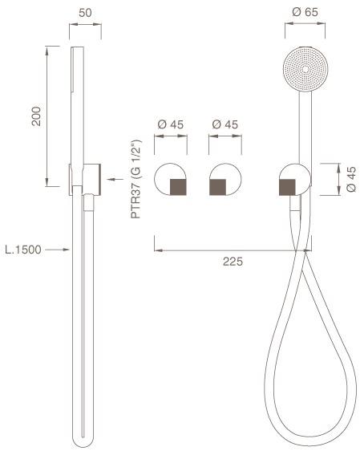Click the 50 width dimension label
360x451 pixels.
(85, 12)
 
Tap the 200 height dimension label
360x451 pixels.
(37, 116)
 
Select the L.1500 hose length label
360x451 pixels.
(23, 250)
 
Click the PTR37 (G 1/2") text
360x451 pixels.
(136, 179)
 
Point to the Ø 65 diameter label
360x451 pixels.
(305, 12)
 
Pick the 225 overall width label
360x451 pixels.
(233, 262)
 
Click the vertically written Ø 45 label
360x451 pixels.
(351, 179)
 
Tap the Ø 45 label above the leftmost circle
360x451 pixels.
(170, 124)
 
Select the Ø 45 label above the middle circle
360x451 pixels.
(225, 124)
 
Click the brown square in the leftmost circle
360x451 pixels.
(179, 187)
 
